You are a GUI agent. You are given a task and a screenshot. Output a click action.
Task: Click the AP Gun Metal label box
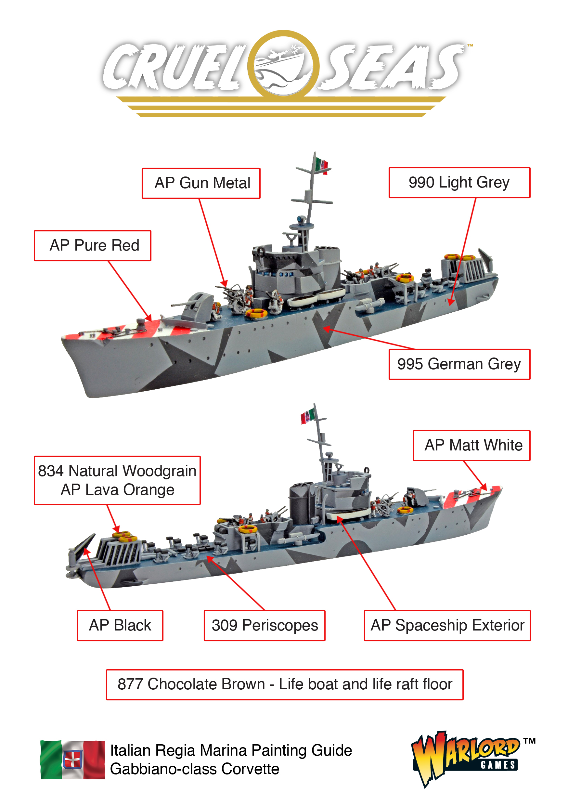[x=201, y=183]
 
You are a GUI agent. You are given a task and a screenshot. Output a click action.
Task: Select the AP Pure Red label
[x=92, y=246]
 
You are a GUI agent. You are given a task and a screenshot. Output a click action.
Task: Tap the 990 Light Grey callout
[x=459, y=183]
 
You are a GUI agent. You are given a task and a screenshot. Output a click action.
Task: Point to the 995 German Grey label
[x=459, y=364]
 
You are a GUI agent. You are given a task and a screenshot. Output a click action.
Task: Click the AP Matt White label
[x=471, y=446]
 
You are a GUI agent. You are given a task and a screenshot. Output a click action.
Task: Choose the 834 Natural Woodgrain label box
[x=117, y=480]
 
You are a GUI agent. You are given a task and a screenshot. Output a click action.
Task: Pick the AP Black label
[x=120, y=626]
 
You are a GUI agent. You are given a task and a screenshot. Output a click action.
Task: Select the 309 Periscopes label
[x=265, y=626]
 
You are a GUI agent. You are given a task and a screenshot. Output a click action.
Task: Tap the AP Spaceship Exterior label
[x=447, y=626]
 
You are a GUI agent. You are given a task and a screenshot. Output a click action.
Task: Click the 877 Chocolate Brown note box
[x=284, y=684]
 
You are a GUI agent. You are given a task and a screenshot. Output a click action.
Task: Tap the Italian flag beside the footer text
[x=73, y=760]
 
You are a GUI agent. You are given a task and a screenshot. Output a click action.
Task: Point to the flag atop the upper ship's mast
[x=321, y=165]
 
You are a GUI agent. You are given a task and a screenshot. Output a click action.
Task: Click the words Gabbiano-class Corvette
[x=195, y=769]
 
